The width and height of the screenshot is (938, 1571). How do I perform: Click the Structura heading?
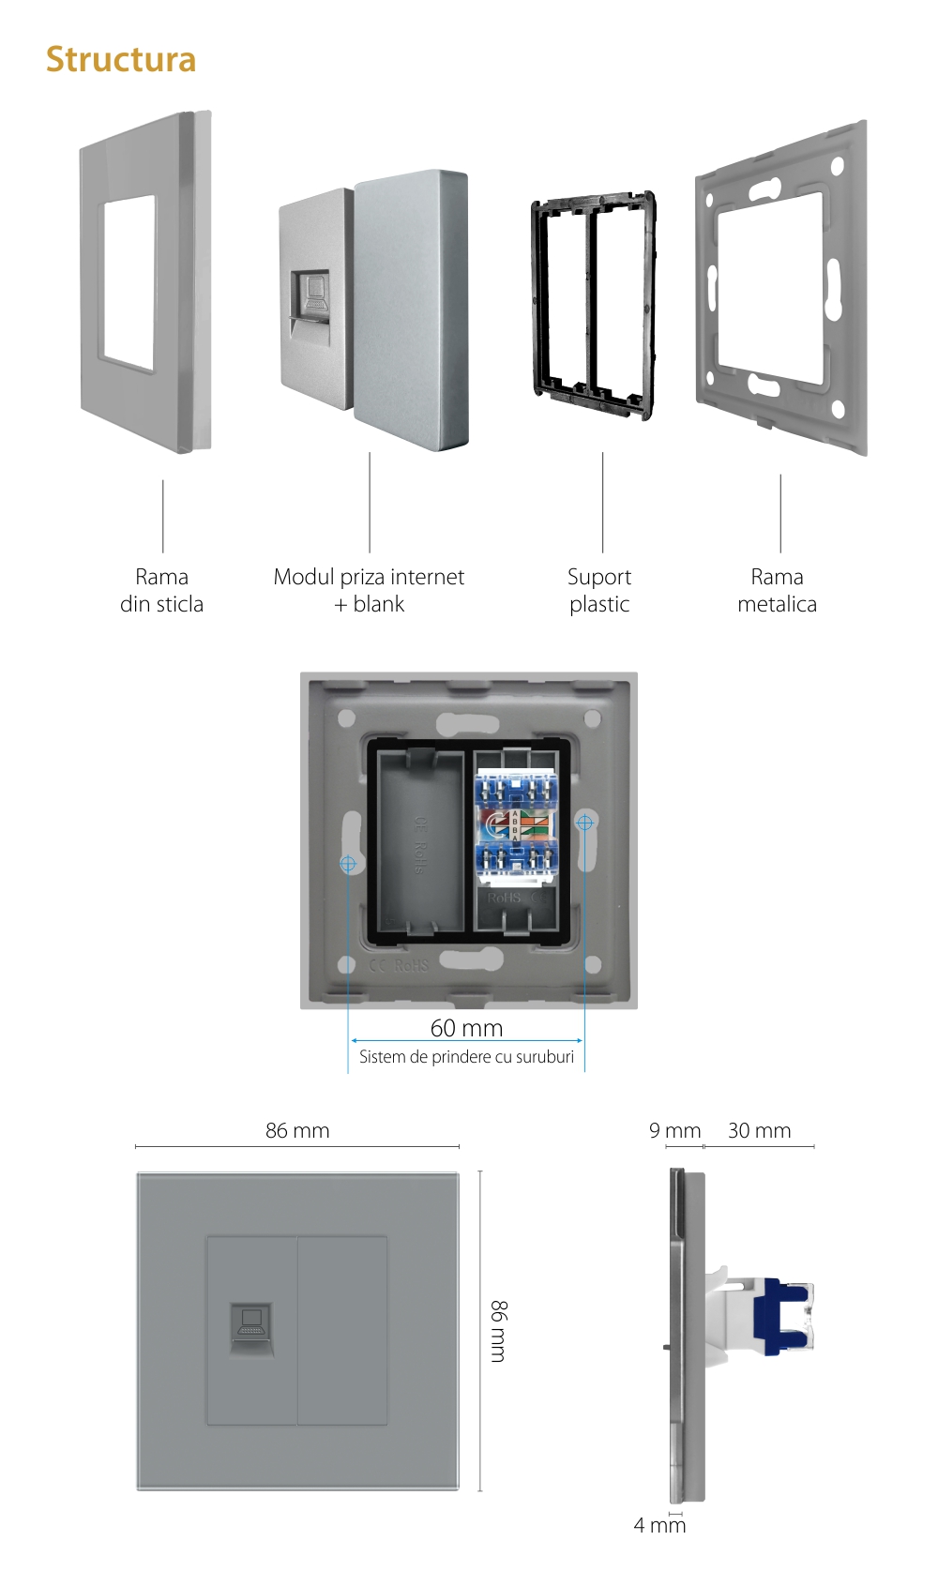[x=121, y=60]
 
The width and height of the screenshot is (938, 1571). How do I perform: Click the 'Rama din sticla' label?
[x=161, y=590]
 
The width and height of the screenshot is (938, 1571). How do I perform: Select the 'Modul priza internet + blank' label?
[x=369, y=590]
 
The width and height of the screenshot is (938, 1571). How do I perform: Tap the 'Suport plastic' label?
[x=599, y=590]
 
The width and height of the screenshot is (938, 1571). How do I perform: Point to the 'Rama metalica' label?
[x=777, y=590]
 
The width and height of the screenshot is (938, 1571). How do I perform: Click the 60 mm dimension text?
[x=466, y=1028]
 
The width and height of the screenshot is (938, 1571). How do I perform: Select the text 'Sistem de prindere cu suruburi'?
[x=466, y=1057]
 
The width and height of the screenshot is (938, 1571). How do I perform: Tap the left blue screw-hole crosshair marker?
[x=348, y=863]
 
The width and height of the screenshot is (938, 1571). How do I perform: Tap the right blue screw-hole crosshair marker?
[x=584, y=823]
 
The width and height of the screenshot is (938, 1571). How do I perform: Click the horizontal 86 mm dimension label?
[x=297, y=1130]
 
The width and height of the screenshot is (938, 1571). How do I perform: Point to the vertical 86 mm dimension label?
[x=499, y=1330]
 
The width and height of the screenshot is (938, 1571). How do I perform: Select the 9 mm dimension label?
[x=674, y=1130]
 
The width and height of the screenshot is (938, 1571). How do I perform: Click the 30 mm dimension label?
[x=759, y=1130]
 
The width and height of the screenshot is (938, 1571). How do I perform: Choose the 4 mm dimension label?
[x=659, y=1525]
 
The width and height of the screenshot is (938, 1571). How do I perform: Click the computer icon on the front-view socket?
[x=251, y=1322]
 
